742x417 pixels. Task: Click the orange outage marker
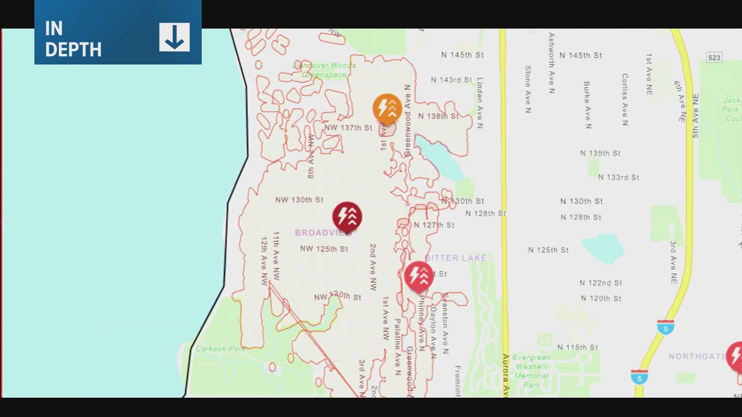(387, 108)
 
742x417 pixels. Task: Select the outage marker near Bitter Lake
(419, 276)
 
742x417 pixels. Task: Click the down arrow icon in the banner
(174, 37)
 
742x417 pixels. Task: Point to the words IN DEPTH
(73, 39)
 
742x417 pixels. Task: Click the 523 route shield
(714, 58)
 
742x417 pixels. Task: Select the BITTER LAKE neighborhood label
(456, 258)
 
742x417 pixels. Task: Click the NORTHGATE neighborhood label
(697, 356)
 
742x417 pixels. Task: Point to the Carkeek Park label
(220, 349)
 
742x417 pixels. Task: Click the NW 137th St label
(348, 127)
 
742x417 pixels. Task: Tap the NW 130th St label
(299, 200)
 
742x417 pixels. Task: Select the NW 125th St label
(324, 249)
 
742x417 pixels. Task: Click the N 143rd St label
(451, 80)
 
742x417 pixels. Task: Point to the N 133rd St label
(618, 177)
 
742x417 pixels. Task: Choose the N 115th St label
(577, 347)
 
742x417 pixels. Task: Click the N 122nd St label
(601, 283)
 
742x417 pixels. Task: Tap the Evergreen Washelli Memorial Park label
(532, 371)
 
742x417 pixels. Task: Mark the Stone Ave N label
(528, 89)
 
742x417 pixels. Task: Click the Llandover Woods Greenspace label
(324, 70)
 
